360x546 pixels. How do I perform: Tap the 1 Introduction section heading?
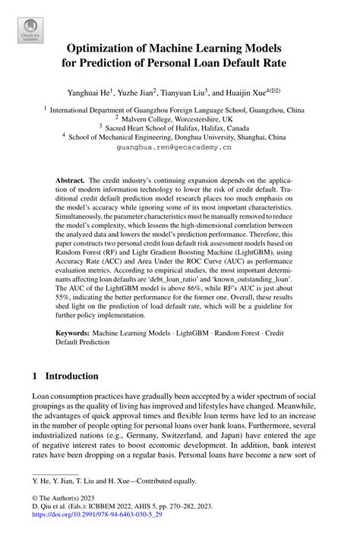65,376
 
